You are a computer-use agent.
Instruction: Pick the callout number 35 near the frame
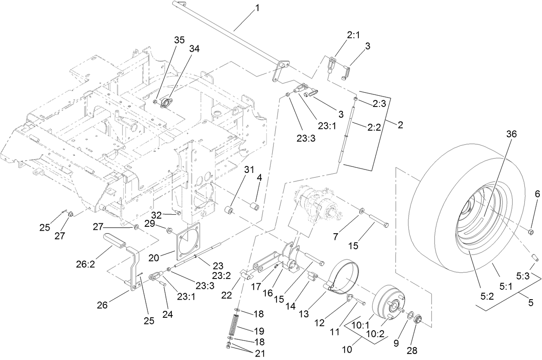tap(179, 40)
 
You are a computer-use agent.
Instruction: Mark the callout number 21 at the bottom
tap(260, 353)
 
